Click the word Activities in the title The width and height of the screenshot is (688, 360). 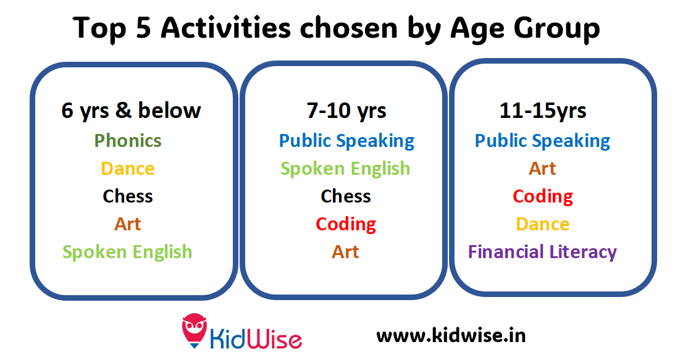click(225, 28)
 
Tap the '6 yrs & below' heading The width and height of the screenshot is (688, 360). click(131, 111)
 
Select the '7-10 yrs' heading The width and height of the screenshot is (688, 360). click(346, 111)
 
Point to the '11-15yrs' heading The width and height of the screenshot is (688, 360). click(543, 111)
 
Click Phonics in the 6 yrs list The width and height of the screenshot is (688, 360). click(128, 141)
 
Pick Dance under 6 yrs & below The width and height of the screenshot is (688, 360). click(128, 169)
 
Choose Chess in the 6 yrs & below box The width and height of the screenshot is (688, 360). click(128, 196)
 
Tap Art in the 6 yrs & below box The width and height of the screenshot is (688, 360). click(128, 224)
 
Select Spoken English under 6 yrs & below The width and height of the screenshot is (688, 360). click(127, 252)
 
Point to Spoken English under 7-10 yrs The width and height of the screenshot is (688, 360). click(345, 169)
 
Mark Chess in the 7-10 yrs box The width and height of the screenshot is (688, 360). click(346, 196)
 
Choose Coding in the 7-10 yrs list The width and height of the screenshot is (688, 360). click(346, 225)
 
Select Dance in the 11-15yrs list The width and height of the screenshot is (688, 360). click(543, 224)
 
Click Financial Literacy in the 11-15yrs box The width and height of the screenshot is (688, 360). click(542, 252)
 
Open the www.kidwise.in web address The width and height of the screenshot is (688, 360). click(451, 335)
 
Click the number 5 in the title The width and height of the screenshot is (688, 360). click(143, 28)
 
